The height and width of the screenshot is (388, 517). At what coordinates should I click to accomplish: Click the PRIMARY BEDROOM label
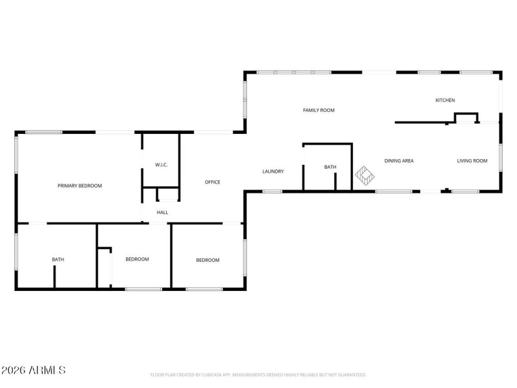pos(79,186)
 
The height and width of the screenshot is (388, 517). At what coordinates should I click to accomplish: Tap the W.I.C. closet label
pos(161,165)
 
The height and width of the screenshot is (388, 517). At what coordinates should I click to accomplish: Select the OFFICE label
pos(213,182)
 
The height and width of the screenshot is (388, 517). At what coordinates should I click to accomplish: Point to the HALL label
pos(162,212)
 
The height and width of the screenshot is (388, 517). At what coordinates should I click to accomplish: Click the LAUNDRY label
pos(273,171)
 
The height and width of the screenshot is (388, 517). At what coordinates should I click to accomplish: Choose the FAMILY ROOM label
pos(319,111)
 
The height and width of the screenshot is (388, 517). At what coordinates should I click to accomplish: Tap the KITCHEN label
pos(445,100)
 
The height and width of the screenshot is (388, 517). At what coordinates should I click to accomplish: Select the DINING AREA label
pos(399,161)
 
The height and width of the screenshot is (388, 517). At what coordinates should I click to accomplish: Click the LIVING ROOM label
pos(472,161)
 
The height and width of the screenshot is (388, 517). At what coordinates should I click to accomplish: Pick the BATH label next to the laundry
pos(330,167)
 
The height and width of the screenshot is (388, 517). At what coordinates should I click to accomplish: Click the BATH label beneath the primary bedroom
pos(58,260)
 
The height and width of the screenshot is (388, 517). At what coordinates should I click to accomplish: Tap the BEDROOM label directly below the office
pos(207,260)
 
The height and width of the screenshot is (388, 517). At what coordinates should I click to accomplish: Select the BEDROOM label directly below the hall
pos(137,259)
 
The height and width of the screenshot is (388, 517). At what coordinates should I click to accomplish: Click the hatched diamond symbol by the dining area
pos(365,175)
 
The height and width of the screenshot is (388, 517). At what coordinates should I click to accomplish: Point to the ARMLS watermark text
pos(34,371)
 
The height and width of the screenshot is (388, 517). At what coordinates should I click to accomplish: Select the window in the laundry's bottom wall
pos(272,191)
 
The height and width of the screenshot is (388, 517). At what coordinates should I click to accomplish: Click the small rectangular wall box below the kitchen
pos(466,117)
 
